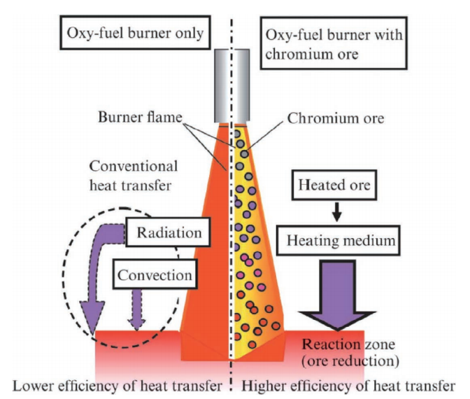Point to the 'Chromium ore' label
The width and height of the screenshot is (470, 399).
334,118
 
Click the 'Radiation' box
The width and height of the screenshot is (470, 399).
168,232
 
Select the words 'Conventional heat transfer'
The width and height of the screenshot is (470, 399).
134,176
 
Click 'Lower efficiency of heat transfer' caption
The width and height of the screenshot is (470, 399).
116,386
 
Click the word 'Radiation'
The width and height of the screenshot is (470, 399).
168,232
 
